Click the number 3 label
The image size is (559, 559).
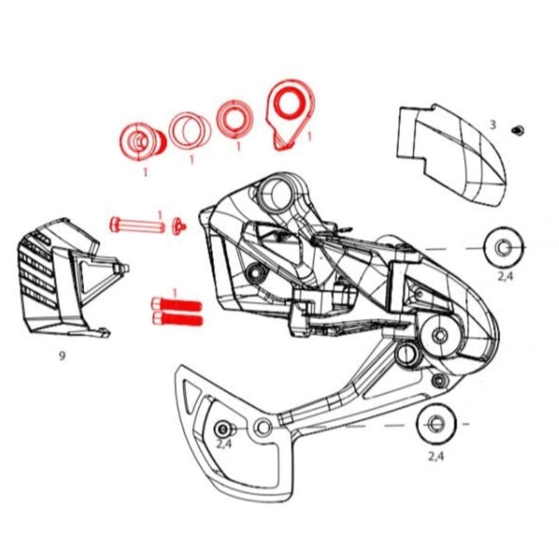493,125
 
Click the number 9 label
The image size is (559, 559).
61,357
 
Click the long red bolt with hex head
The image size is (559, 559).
138,225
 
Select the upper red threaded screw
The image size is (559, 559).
176,305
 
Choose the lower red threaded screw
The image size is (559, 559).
176,320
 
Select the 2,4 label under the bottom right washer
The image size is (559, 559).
436,457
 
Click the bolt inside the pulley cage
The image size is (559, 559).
223,426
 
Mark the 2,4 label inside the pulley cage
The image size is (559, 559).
224,443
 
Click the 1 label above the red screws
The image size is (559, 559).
174,293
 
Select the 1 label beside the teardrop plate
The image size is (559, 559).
308,137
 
